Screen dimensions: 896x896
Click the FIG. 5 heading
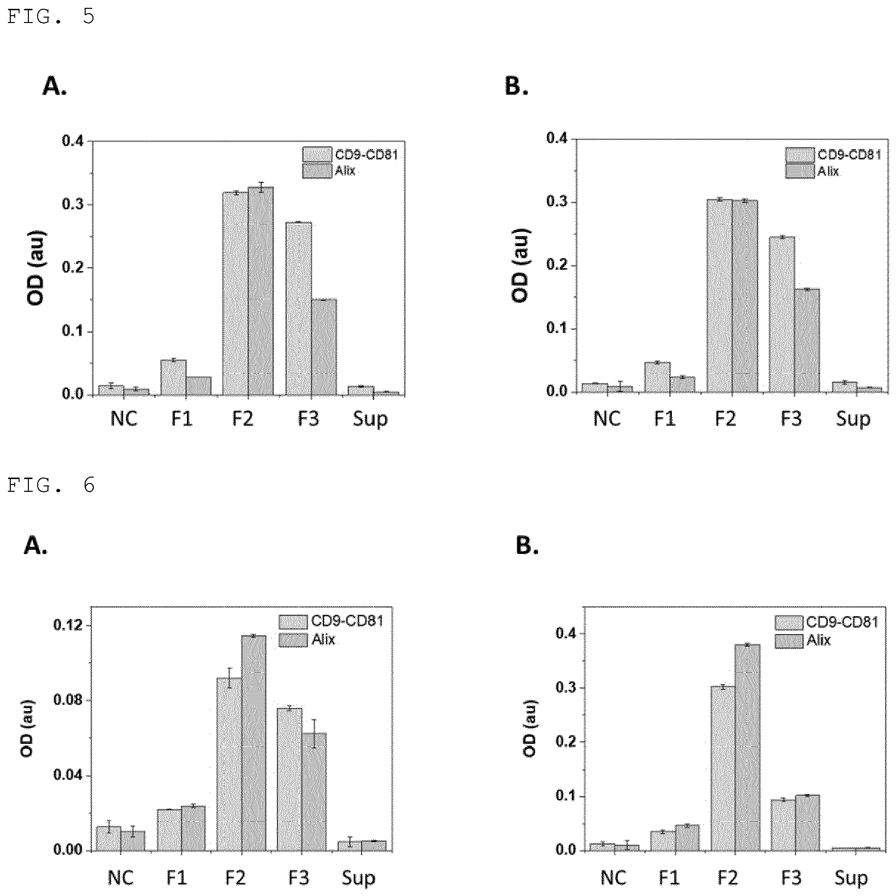tap(51, 17)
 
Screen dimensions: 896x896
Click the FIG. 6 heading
tap(51, 485)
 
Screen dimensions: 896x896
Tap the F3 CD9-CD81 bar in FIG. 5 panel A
tap(299, 308)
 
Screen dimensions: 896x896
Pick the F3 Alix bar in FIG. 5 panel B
tap(807, 340)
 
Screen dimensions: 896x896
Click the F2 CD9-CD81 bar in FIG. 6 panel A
tap(230, 764)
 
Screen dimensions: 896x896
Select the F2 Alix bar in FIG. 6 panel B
tap(747, 747)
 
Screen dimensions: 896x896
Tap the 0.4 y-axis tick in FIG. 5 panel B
tap(558, 138)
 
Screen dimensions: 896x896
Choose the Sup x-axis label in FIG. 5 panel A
tap(370, 419)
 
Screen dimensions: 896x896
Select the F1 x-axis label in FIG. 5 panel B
tap(665, 419)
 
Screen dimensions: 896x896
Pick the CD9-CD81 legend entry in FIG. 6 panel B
tap(827, 622)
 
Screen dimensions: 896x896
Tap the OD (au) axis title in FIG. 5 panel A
tap(36, 268)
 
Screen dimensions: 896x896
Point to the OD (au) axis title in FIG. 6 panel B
tap(529, 729)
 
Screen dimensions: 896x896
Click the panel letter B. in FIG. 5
tap(516, 86)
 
